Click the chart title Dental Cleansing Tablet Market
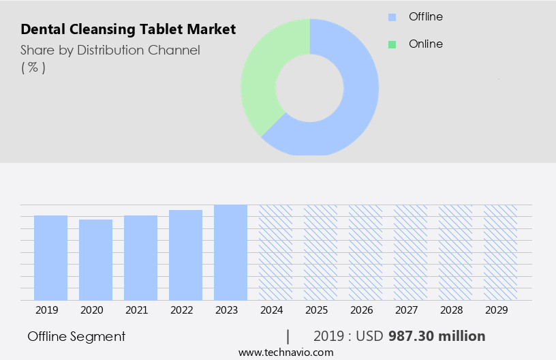tap(128, 29)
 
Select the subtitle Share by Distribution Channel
tap(110, 50)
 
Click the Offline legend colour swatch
tap(392, 16)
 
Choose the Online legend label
tap(425, 44)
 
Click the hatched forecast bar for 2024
tap(275, 252)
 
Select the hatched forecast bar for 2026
tap(365, 252)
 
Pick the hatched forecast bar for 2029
tap(500, 252)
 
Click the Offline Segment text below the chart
tap(76, 337)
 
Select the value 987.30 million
tap(437, 336)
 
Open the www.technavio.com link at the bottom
tap(285, 352)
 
